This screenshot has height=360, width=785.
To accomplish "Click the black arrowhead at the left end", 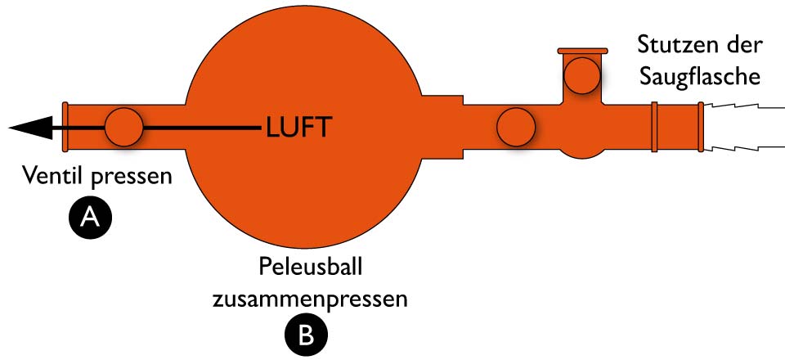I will tap(29, 128).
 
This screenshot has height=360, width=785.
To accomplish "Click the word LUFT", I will tap(298, 128).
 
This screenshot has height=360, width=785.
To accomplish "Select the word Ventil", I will tap(52, 176).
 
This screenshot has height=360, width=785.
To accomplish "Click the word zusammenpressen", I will tap(309, 298).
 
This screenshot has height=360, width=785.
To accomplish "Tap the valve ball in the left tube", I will tap(124, 127).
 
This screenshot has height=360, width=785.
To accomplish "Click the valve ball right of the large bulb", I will tap(517, 128).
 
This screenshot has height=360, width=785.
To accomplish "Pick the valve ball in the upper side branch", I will tap(582, 75).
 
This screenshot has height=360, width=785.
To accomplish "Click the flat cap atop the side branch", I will tap(582, 51).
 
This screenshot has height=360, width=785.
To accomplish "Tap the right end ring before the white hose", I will tap(700, 127).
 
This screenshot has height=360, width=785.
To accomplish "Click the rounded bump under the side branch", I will tap(582, 151).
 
